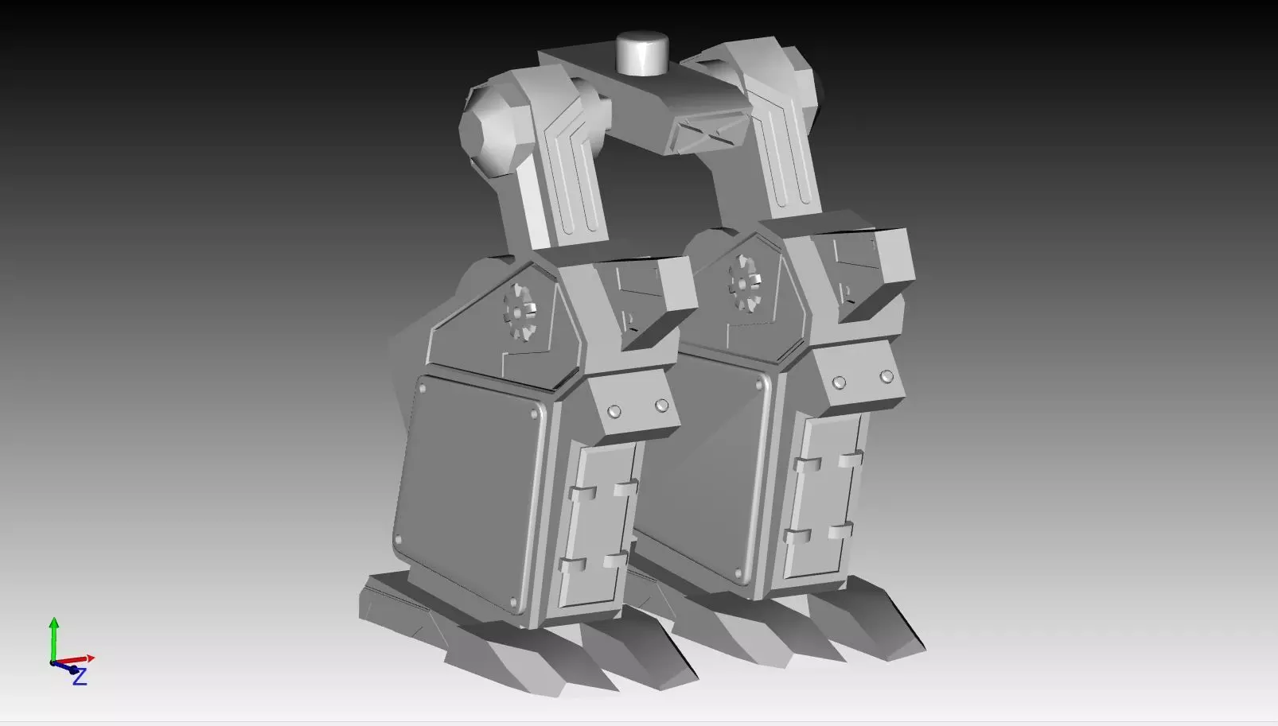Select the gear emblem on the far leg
click(x=746, y=280)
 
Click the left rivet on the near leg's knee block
click(x=614, y=411)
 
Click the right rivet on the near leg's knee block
click(x=661, y=406)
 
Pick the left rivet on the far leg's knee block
click(x=839, y=382)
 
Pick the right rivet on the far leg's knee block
click(x=886, y=376)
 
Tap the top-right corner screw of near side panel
click(x=532, y=415)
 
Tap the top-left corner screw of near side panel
click(x=422, y=389)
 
